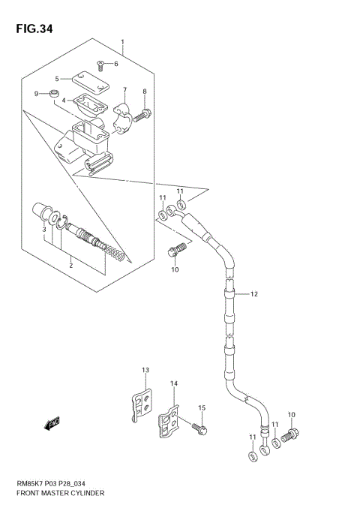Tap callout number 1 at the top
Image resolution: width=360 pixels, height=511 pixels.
coord(122,43)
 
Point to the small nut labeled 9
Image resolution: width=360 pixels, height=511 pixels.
coord(52,94)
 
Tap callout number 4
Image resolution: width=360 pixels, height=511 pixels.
coord(64,100)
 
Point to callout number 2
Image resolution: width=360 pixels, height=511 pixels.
coord(70,265)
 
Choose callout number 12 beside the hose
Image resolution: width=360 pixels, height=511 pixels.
coord(253,293)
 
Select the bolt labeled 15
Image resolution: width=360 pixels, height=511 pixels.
coord(199,429)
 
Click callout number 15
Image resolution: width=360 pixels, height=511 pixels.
coord(201,407)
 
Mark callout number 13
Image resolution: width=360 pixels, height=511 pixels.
coord(145,371)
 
